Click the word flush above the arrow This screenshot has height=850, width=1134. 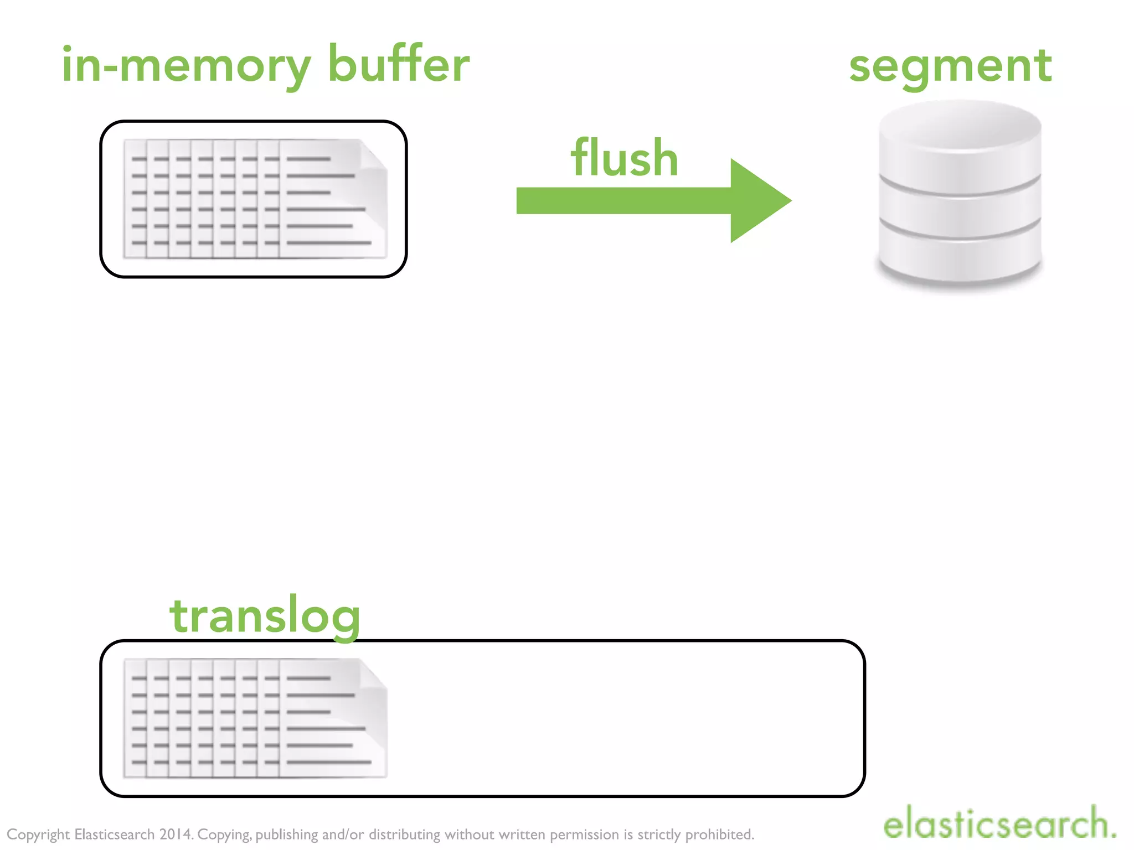[x=625, y=159]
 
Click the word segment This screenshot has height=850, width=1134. [x=950, y=66]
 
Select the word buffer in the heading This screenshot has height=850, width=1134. [x=399, y=65]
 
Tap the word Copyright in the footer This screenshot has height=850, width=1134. [x=38, y=835]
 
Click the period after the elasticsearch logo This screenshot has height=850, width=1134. [x=1112, y=835]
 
